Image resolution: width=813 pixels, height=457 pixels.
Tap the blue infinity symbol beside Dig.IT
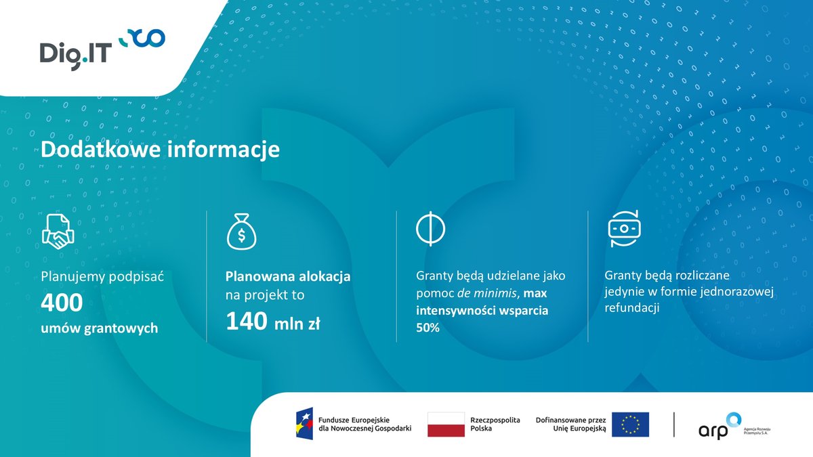142,39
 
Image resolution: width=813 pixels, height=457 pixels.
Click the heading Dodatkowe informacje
160,150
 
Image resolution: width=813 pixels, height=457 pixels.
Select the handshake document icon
58,231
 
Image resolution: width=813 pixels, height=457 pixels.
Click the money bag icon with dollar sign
241,232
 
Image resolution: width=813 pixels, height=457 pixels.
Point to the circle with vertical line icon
431,230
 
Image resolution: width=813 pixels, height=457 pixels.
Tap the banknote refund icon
624,230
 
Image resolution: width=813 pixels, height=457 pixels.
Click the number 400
62,303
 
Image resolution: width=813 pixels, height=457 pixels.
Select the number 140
246,322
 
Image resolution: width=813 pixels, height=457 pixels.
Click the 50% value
428,328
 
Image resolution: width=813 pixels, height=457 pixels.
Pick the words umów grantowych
100,328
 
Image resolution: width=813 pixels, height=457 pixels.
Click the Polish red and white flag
446,425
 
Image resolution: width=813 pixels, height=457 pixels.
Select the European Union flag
630,425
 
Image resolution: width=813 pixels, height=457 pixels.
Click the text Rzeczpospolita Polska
495,425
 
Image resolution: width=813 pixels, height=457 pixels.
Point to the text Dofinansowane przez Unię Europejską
570,425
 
